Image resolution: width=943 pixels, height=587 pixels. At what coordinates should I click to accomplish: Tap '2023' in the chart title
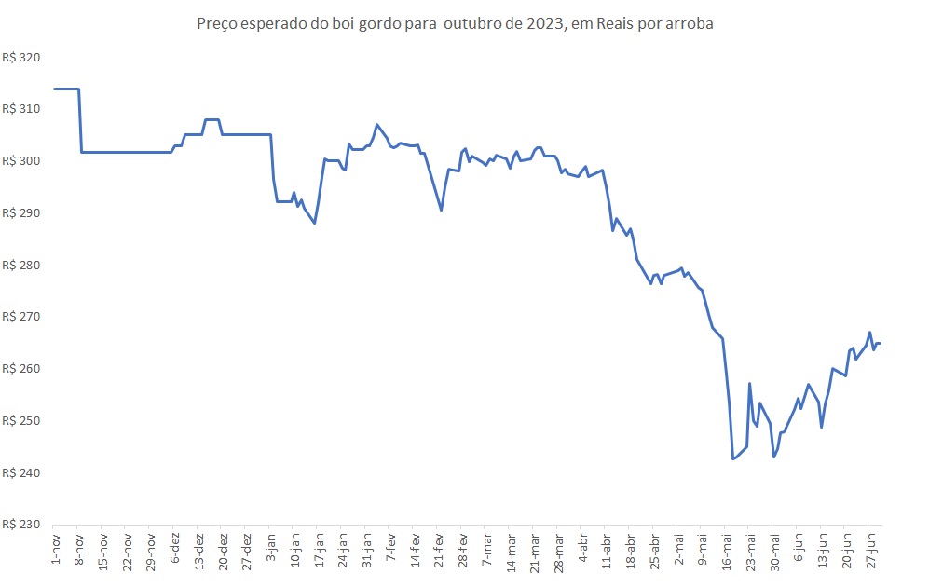[x=544, y=24]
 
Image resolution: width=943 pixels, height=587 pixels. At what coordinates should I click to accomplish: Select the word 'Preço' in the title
[x=217, y=24]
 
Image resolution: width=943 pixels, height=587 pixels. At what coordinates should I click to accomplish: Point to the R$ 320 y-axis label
[x=22, y=58]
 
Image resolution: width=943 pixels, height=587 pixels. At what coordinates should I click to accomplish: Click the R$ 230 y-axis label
[x=22, y=525]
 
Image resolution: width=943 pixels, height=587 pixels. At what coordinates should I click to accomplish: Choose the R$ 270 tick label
[x=22, y=317]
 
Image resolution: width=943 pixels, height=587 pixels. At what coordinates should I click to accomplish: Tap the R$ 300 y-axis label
[x=22, y=161]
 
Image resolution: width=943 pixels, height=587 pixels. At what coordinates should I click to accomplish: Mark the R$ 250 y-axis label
[x=22, y=421]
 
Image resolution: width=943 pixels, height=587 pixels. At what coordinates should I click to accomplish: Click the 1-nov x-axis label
[x=55, y=550]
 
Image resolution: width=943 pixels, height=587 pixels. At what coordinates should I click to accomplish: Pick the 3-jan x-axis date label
[x=271, y=550]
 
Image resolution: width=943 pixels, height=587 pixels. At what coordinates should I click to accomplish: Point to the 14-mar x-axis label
[x=511, y=552]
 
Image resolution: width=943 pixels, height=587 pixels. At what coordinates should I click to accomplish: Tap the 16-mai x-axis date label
[x=727, y=552]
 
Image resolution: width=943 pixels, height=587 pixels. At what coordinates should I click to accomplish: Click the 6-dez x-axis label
[x=175, y=550]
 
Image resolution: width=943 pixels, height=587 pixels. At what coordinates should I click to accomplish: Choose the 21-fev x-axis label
[x=440, y=550]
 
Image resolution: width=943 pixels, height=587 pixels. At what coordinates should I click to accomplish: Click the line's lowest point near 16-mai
[x=733, y=459]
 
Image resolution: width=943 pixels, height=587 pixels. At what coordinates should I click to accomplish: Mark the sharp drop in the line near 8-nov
[x=80, y=121]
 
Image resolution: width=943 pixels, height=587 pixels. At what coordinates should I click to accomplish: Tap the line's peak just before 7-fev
[x=376, y=124]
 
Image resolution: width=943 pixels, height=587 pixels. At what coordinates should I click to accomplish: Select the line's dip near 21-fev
[x=441, y=211]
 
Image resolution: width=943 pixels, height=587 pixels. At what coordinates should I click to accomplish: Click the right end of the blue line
[x=881, y=344]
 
